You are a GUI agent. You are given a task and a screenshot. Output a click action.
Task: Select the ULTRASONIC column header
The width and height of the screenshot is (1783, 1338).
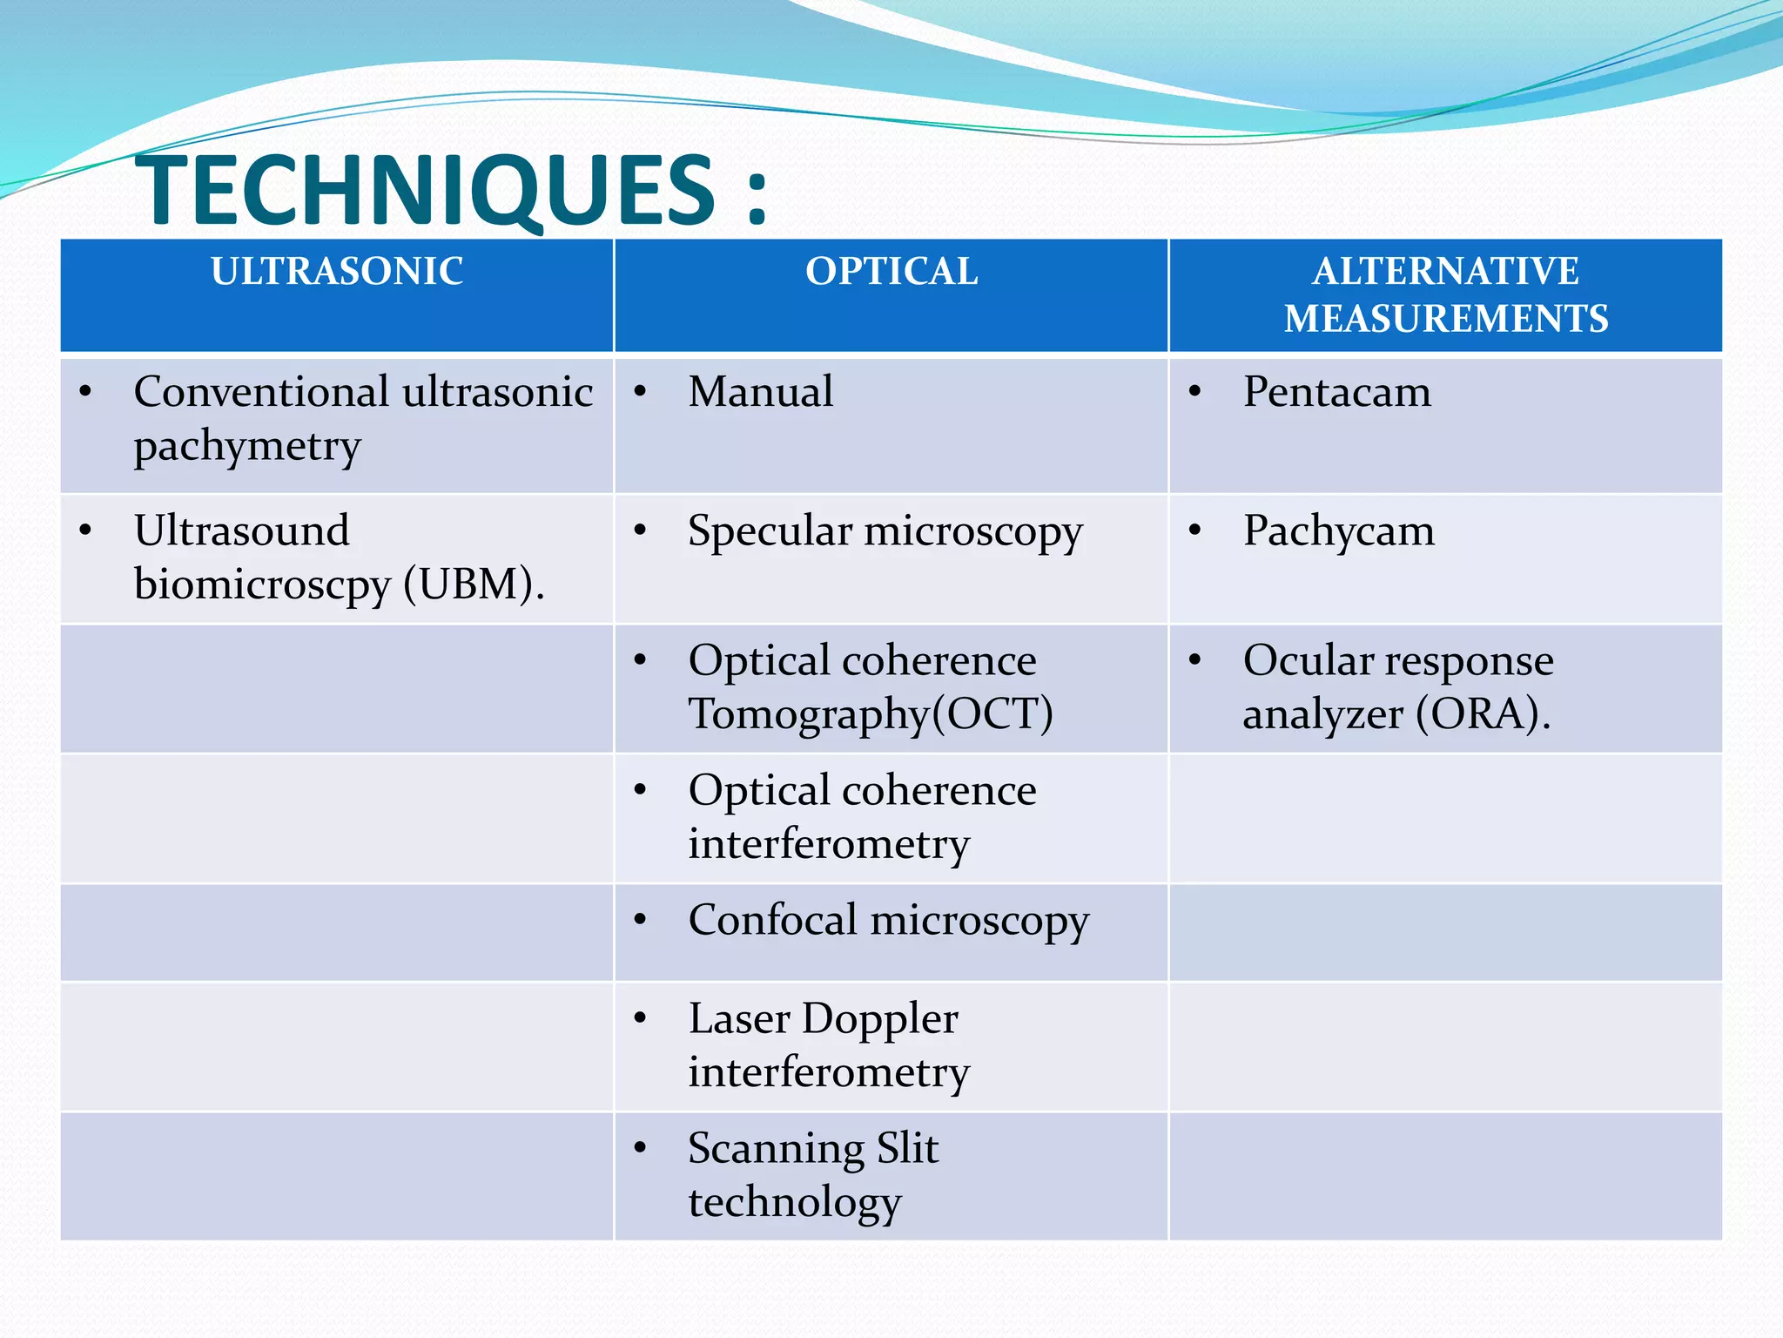click(x=337, y=271)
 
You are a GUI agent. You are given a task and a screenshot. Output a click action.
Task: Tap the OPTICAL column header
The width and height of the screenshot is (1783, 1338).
click(x=891, y=271)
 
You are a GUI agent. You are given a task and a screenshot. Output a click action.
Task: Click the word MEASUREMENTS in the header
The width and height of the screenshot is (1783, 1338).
click(x=1446, y=318)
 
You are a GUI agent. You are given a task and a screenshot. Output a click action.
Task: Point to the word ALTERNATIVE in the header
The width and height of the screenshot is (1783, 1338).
click(x=1446, y=271)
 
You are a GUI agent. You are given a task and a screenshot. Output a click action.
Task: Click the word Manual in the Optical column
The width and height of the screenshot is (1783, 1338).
click(x=760, y=391)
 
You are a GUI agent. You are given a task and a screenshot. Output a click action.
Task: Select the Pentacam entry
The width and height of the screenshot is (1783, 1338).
click(x=1336, y=391)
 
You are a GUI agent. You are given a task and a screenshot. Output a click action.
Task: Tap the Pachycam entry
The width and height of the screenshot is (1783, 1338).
click(x=1338, y=530)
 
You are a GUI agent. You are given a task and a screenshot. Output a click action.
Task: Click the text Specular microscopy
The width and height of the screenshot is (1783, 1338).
click(x=885, y=531)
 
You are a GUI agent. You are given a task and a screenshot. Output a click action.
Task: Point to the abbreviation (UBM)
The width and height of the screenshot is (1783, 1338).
click(x=474, y=585)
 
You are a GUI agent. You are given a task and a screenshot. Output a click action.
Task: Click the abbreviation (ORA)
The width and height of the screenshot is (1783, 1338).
click(x=1483, y=714)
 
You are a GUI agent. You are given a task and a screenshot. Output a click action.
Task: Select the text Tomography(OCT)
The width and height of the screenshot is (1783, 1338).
click(x=871, y=714)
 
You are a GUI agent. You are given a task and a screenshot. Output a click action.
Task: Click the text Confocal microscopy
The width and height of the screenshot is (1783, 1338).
click(x=888, y=921)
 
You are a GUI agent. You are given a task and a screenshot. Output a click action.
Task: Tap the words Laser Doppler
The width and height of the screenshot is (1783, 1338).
click(x=823, y=1018)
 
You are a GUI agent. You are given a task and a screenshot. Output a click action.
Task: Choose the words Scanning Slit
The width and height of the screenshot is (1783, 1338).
click(x=813, y=1148)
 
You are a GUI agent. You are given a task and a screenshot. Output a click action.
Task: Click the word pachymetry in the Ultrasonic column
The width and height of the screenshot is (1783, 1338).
click(x=247, y=447)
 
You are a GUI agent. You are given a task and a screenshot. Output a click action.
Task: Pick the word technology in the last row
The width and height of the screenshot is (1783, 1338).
click(x=794, y=1203)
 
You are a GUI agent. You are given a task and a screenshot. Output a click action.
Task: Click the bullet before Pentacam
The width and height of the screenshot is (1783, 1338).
click(x=1195, y=392)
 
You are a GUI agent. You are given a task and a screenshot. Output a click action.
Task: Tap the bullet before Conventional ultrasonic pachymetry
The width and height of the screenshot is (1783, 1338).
click(x=85, y=392)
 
